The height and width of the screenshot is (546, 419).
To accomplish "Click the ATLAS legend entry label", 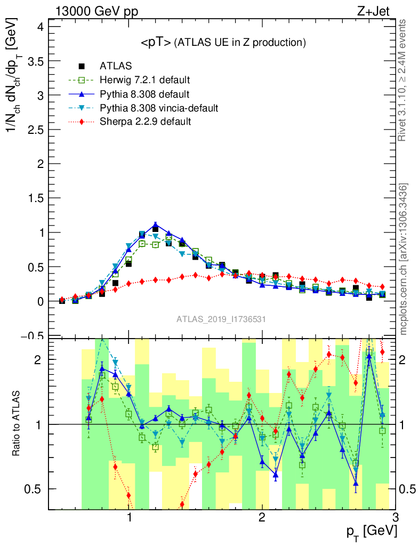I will [x=116, y=67].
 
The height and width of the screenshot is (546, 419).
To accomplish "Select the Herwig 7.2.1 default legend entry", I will [x=144, y=81].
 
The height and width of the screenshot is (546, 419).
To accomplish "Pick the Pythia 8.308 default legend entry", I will [x=144, y=94].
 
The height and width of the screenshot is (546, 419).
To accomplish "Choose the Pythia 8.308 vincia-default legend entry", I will [x=159, y=108].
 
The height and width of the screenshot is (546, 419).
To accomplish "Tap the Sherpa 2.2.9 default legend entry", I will [x=146, y=122].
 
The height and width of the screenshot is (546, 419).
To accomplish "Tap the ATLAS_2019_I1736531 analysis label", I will [x=221, y=319].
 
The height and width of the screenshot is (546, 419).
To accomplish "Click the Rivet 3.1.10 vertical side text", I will [x=403, y=80].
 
